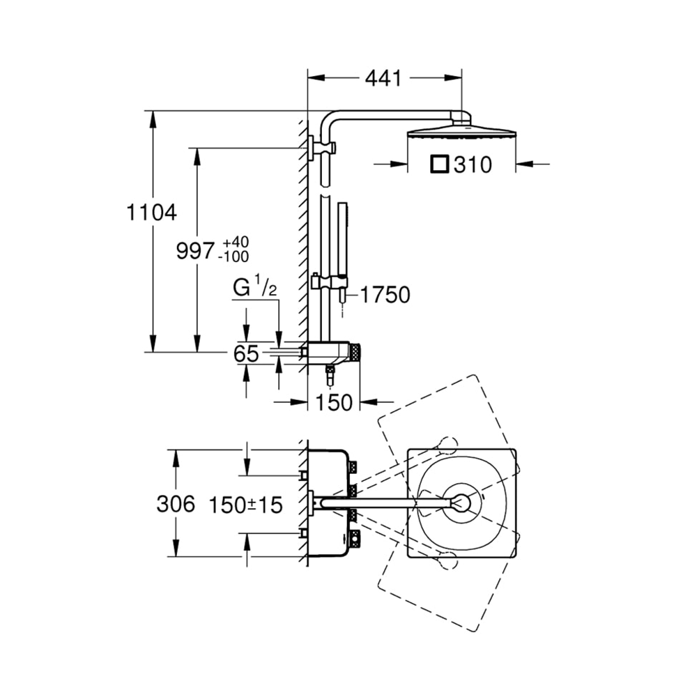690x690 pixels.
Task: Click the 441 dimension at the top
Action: point(383,78)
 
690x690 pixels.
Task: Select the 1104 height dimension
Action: point(151,213)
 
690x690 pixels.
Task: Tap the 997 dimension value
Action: point(195,252)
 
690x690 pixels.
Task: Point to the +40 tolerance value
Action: point(236,242)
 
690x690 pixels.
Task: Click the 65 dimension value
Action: point(246,353)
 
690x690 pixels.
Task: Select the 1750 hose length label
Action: point(385,295)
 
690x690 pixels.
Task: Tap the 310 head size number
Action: point(473,164)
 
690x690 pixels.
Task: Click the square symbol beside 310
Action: point(439,164)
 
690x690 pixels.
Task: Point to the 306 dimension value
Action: point(176,504)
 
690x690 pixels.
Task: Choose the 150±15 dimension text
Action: point(245,505)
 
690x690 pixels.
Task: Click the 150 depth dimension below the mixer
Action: point(335,402)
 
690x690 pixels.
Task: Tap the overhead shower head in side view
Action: point(461,131)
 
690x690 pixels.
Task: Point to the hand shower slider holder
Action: point(329,282)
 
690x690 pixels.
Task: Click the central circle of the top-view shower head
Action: point(461,503)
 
